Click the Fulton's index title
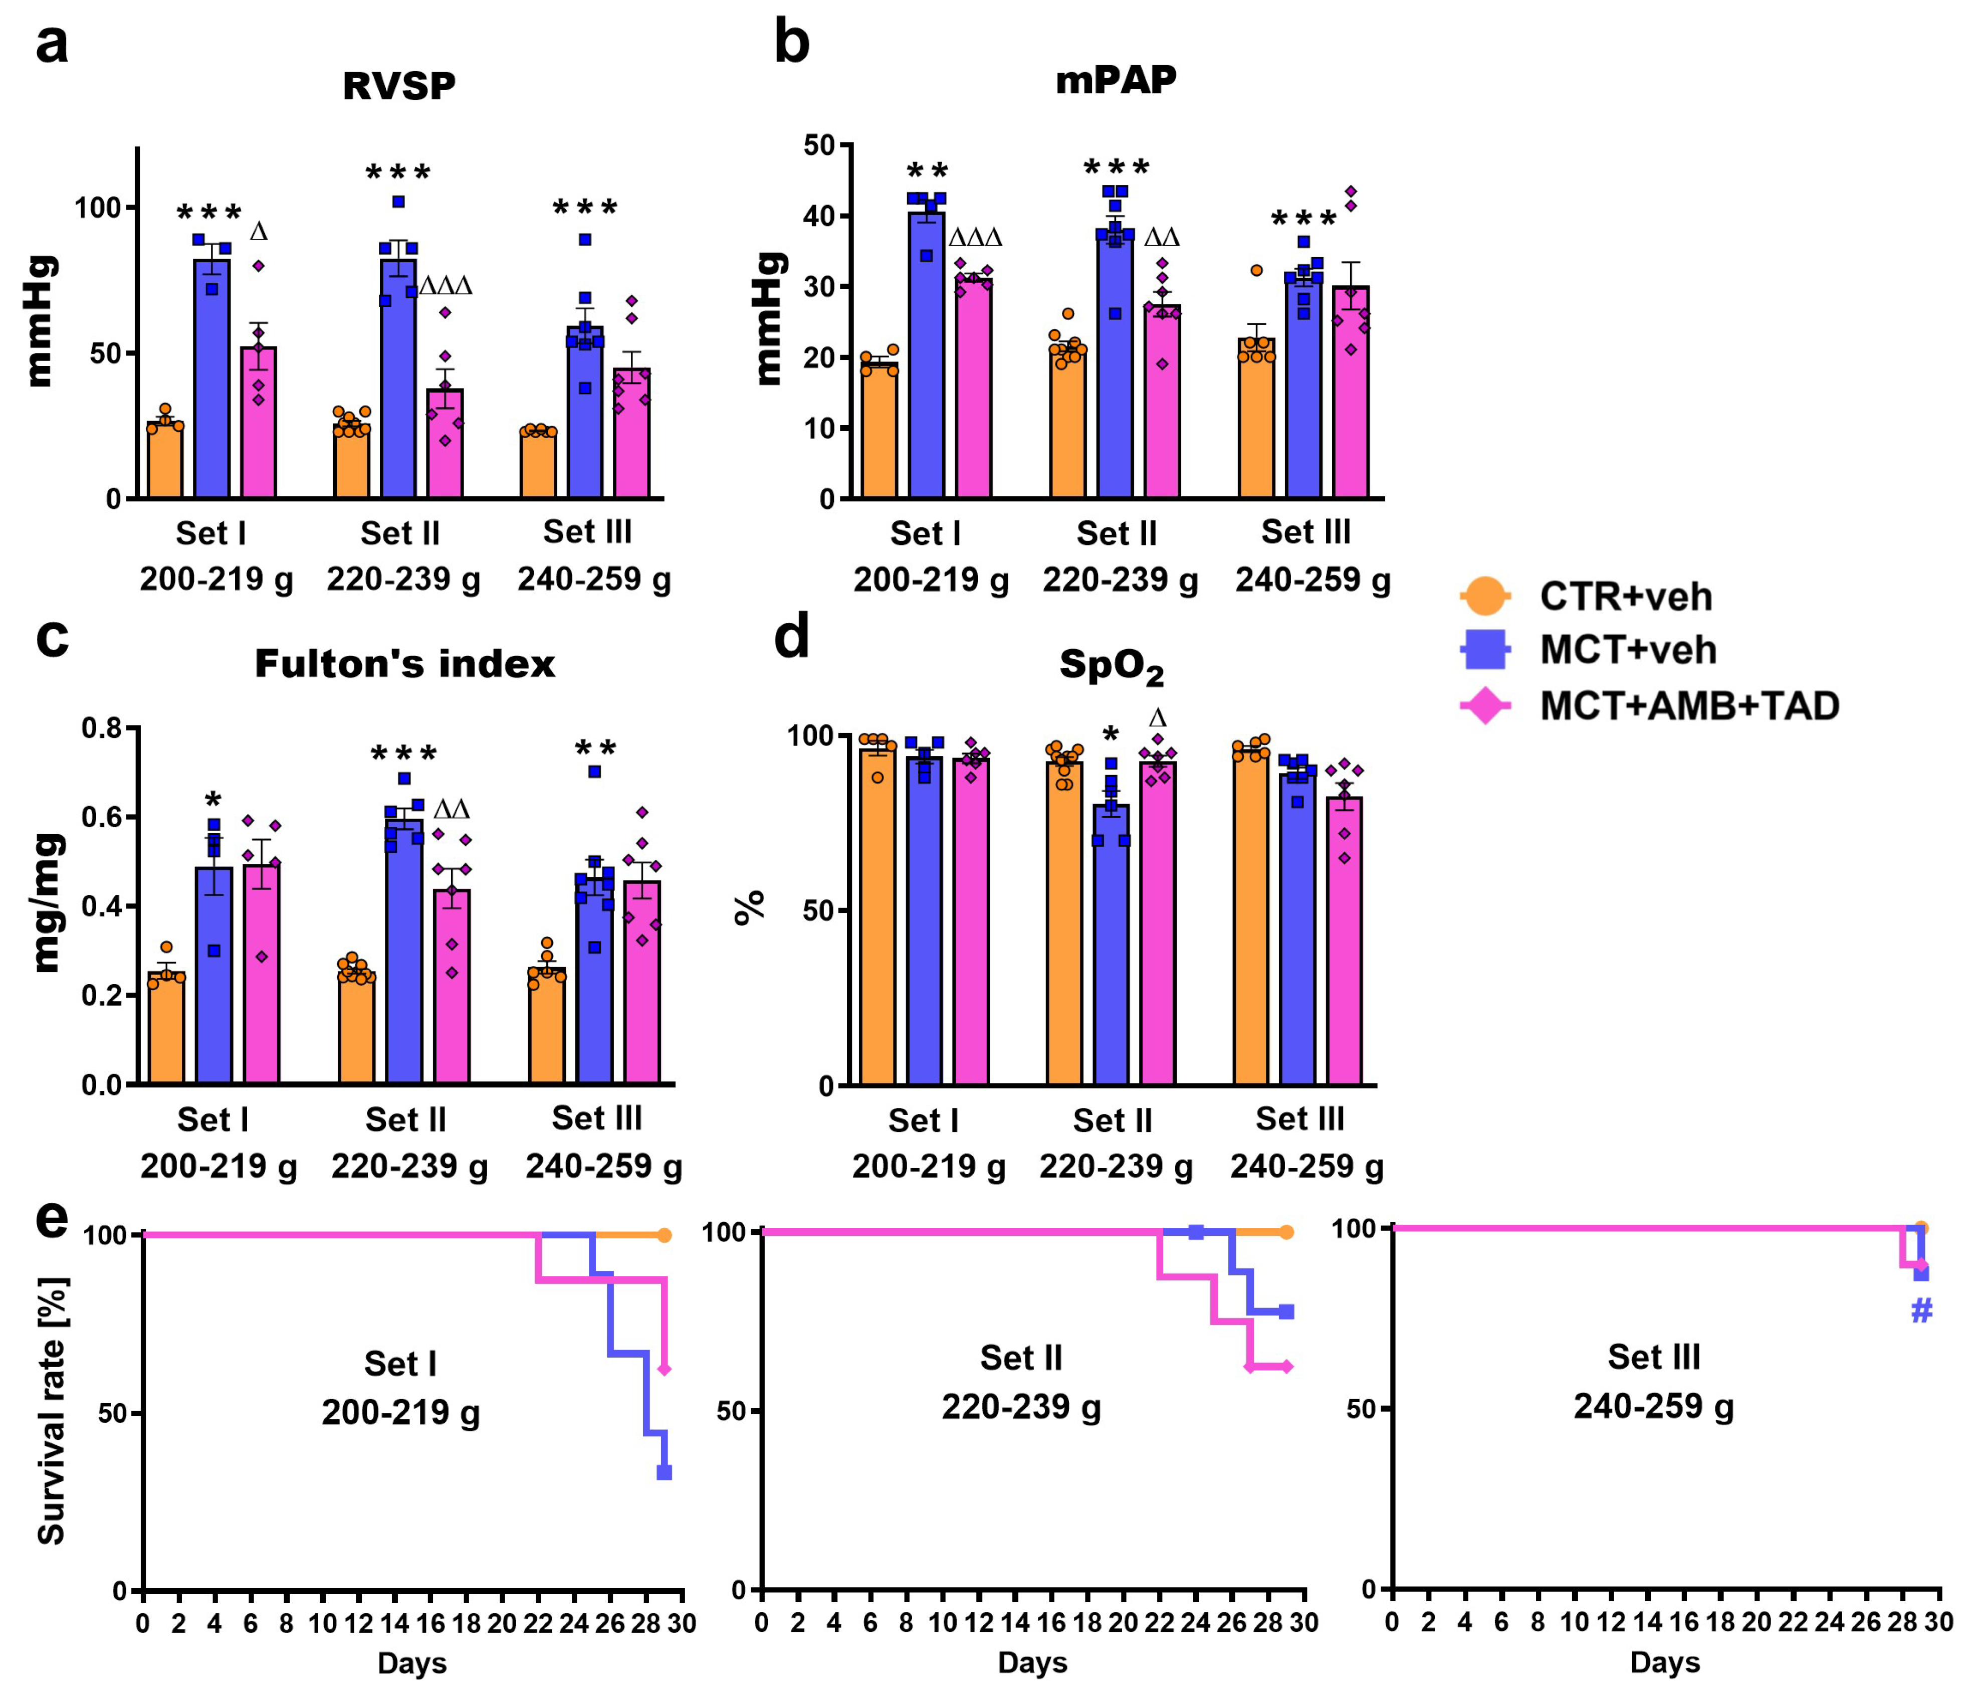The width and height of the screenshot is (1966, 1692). (404, 663)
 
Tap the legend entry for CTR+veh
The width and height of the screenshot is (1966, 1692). (1624, 596)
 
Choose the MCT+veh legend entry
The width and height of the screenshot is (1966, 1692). (1627, 650)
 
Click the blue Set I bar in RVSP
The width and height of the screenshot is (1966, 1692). (212, 380)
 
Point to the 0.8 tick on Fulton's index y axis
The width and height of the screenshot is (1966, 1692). (102, 729)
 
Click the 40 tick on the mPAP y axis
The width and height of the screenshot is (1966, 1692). (820, 217)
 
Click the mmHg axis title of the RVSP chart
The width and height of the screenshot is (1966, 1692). (41, 321)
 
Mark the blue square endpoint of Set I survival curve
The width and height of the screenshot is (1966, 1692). (664, 1472)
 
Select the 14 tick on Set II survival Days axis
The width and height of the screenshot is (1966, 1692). (1014, 1623)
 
